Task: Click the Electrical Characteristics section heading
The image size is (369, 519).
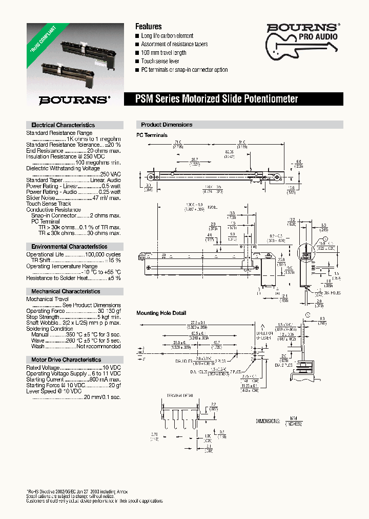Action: (x=63, y=125)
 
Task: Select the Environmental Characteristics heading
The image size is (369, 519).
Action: (x=69, y=247)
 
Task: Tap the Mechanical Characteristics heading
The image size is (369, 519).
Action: (x=66, y=291)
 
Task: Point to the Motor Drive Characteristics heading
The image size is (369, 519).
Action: (x=66, y=360)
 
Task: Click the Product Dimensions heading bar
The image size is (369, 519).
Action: (x=167, y=125)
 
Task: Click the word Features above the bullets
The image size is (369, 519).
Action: (x=148, y=26)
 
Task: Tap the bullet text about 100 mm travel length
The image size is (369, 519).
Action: (x=163, y=53)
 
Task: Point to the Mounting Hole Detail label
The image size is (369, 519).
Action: (x=161, y=313)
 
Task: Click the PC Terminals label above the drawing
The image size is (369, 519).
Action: (x=152, y=135)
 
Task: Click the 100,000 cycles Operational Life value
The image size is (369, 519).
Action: (x=102, y=254)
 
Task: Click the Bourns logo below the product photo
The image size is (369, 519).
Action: (x=75, y=99)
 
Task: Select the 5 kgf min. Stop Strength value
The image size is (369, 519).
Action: (x=106, y=317)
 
